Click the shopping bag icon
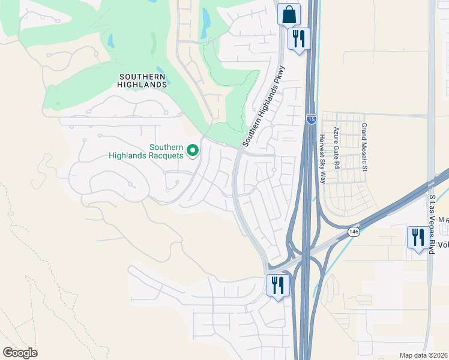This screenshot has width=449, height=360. coord(289,14)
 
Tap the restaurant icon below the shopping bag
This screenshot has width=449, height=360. coord(298,39)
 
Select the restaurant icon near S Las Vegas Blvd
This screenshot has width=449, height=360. coord(417,238)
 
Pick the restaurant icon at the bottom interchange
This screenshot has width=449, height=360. coord(278,285)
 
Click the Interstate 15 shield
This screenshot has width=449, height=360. coord(310,119)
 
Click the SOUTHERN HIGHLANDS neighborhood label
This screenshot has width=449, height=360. coord(143,80)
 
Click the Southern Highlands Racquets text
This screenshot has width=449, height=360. coord(146,151)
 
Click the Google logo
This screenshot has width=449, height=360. coord(19,352)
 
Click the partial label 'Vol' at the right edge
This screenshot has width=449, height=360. coord(443,245)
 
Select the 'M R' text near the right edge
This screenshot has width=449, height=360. coord(443,221)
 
